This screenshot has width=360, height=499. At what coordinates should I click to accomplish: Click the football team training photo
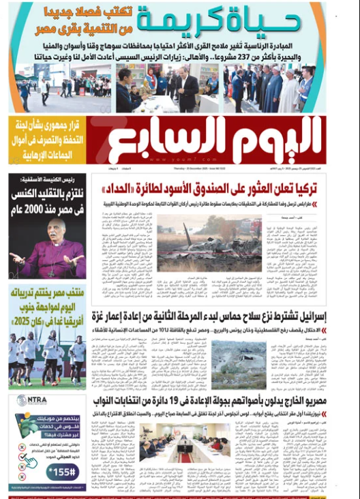[47, 357]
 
